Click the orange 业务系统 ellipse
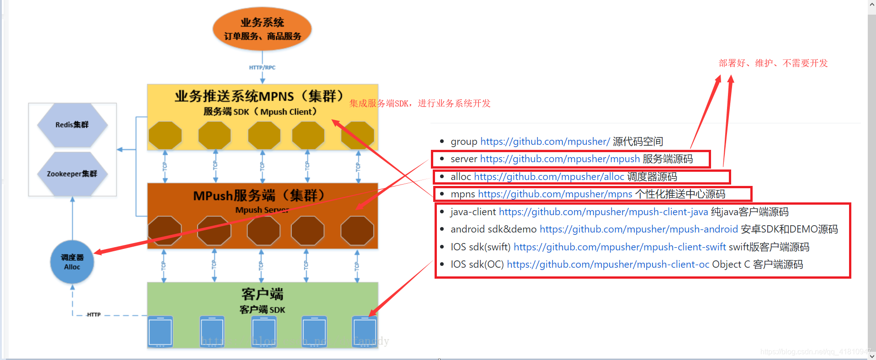262,29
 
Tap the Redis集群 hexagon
72,125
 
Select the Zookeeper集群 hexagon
72,174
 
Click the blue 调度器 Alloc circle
72,262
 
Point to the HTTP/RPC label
262,68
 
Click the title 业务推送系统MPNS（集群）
259,96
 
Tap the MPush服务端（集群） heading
259,196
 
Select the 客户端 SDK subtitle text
262,310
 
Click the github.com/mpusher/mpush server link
560,159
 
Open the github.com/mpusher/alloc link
549,177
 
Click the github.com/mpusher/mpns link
555,194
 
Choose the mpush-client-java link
603,212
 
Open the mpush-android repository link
638,229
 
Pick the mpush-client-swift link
620,247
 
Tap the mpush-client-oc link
608,265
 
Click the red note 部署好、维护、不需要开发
773,63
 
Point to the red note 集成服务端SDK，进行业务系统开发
419,104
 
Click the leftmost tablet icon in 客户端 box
160,332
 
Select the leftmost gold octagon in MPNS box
165,135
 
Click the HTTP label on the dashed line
94,315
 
